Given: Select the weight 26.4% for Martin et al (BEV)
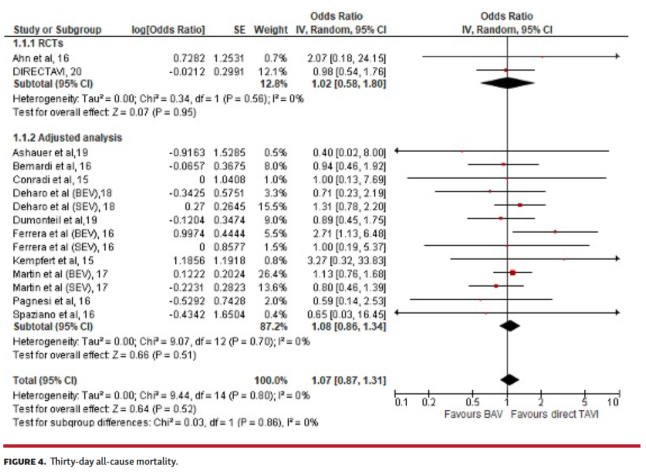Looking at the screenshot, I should click(x=276, y=274).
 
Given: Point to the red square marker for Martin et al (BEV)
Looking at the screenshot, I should click(x=513, y=272).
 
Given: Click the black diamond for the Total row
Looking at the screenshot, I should click(x=510, y=379).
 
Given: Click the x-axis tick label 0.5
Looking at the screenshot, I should click(x=472, y=402).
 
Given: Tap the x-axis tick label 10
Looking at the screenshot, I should click(x=613, y=402).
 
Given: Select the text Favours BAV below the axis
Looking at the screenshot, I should click(x=473, y=414).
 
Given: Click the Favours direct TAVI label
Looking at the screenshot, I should click(x=554, y=414).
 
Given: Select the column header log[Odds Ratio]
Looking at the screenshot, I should click(x=168, y=30).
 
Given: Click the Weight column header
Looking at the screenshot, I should click(x=271, y=30).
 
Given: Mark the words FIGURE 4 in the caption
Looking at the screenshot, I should click(x=24, y=461).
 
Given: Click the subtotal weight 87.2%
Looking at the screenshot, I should click(x=274, y=327).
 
